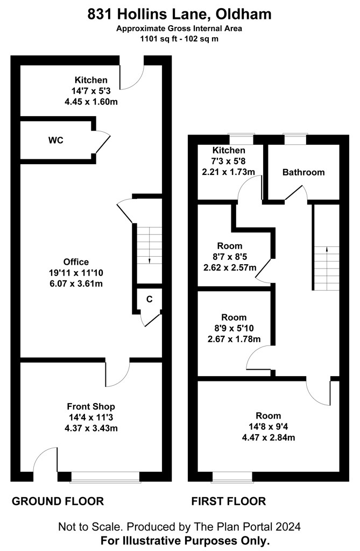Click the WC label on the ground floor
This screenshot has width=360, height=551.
56,140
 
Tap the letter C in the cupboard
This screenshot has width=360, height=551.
150,299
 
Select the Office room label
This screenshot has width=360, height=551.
76,262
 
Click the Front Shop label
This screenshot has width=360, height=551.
91,407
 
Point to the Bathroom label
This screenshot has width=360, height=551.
303,172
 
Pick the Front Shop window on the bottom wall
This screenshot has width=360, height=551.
105,477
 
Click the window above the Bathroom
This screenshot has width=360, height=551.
295,139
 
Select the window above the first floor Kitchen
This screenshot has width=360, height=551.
241,139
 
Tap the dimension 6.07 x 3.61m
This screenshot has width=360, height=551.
76,284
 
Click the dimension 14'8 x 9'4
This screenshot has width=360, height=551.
269,427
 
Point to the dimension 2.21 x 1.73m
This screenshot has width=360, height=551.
229,172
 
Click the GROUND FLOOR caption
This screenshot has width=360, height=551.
58,501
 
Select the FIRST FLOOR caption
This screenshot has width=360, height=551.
229,501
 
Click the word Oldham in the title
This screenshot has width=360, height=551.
243,15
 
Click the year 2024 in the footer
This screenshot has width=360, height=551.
288,526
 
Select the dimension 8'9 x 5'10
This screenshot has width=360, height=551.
234,328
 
